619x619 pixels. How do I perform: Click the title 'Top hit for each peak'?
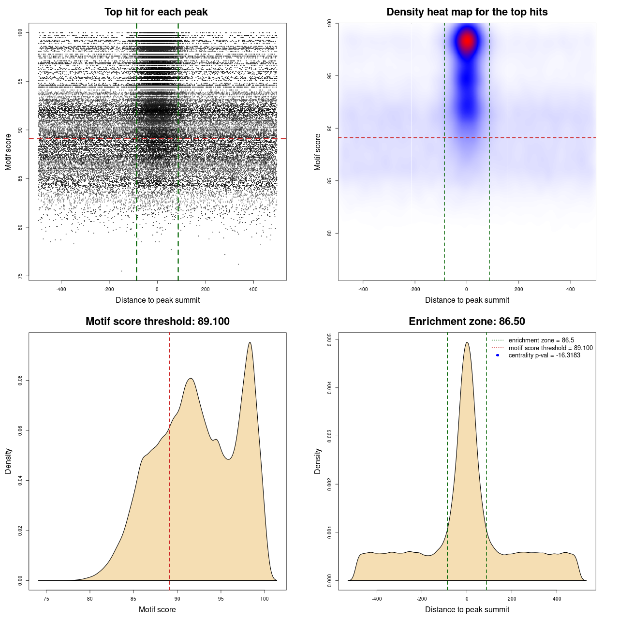pos(156,12)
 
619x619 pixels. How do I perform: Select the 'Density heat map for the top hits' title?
pos(467,12)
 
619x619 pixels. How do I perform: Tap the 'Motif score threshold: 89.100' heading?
pos(157,322)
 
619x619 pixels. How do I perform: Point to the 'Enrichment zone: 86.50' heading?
pos(467,322)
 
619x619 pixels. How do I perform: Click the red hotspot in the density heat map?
pos(467,41)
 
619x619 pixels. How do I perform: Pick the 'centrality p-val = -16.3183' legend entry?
pos(544,355)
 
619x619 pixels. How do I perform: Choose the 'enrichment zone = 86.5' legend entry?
pos(541,340)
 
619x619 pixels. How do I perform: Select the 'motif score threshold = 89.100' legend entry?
pos(550,348)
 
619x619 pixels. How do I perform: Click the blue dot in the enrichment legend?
pos(498,355)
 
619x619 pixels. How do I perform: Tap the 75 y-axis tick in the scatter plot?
pos(20,276)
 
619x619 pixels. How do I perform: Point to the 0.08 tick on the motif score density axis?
pos(20,381)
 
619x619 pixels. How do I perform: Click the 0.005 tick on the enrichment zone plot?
pos(329,339)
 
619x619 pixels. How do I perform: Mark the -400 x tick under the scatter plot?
pos(61,289)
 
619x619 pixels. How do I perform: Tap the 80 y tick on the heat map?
pos(329,233)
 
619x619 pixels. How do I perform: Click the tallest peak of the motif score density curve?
pos(250,342)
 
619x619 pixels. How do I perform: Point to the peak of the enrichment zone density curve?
pos(467,342)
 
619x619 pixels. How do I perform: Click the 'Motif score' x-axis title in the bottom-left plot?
pos(157,609)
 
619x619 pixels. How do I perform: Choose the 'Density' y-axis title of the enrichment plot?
pos(318,461)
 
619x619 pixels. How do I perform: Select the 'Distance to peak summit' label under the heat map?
pos(467,300)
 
